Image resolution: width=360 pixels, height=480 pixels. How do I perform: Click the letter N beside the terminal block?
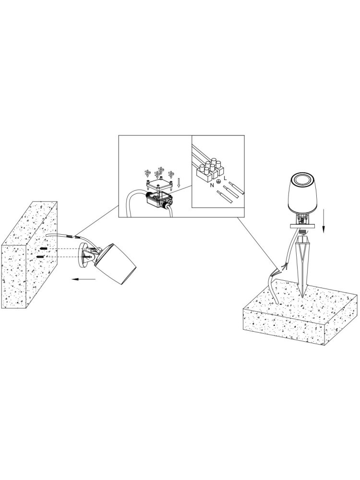pos(212,185)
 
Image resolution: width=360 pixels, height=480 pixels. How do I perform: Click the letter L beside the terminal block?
pos(225,178)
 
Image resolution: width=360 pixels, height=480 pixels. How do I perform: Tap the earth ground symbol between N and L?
pos(218,182)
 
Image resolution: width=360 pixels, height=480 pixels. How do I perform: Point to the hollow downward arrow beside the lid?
pos(179,183)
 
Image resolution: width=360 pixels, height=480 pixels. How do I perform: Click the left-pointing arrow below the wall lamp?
pos(83,279)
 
